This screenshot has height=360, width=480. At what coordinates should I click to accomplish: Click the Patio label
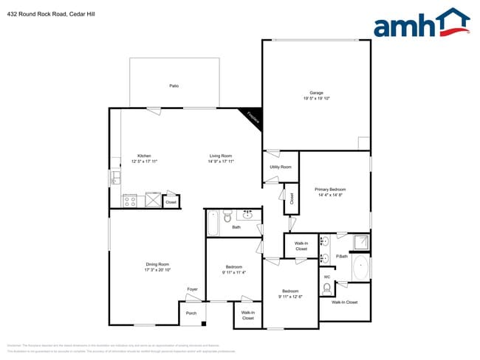[x=174, y=86]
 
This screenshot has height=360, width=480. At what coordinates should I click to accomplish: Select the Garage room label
[x=316, y=93]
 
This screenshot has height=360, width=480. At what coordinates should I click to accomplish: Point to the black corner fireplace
[x=253, y=117]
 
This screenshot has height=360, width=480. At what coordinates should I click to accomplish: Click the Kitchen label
[x=144, y=156]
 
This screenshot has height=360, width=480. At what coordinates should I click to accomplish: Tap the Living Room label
[x=221, y=156]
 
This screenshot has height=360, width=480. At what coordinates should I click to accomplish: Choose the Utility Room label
[x=281, y=167]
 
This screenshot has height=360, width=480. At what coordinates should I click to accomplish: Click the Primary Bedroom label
[x=331, y=190]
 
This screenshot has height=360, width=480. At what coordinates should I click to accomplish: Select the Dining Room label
[x=157, y=264]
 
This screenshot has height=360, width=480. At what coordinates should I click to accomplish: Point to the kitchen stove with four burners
[x=130, y=199]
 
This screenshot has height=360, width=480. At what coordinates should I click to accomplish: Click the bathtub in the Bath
[x=213, y=222]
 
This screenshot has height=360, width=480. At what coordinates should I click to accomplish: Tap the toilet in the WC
[x=327, y=288]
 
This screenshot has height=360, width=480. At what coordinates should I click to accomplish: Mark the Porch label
[x=191, y=313]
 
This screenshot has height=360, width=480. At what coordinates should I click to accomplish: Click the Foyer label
[x=192, y=289]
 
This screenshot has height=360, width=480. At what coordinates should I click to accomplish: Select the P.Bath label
[x=342, y=256]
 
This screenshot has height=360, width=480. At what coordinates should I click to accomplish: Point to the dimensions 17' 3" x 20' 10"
[x=157, y=270]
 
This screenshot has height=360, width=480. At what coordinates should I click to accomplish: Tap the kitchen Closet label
[x=171, y=201]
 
